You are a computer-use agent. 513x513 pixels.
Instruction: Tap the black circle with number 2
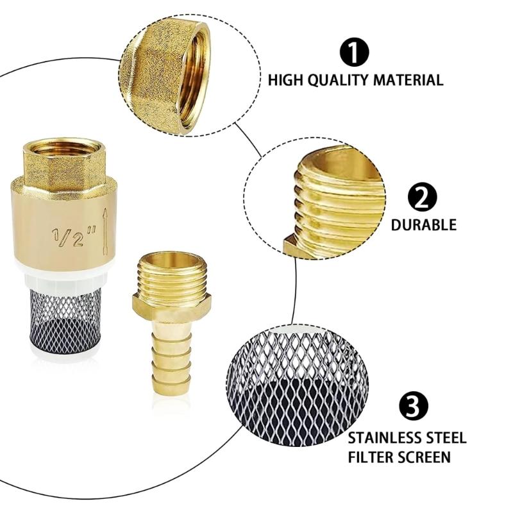423,199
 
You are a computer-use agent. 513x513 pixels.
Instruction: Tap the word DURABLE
424,225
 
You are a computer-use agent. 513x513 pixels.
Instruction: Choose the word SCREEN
425,457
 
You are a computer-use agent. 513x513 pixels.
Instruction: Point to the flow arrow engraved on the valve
105,230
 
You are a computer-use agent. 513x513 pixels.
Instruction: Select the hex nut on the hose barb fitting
172,303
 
